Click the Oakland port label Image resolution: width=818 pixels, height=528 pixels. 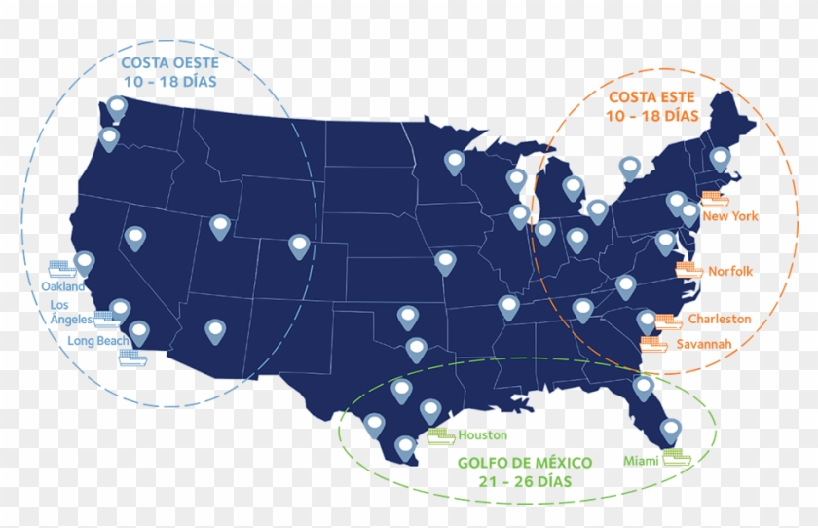pos(63,287)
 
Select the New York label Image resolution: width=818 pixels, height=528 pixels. pos(730,216)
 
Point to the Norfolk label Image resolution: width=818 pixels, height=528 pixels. pos(730,271)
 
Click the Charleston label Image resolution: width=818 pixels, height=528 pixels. pos(720,319)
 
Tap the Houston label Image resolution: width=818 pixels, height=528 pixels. pos(483,435)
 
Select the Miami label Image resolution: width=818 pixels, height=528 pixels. pos(640,459)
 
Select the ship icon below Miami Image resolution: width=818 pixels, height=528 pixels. pos(676,456)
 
